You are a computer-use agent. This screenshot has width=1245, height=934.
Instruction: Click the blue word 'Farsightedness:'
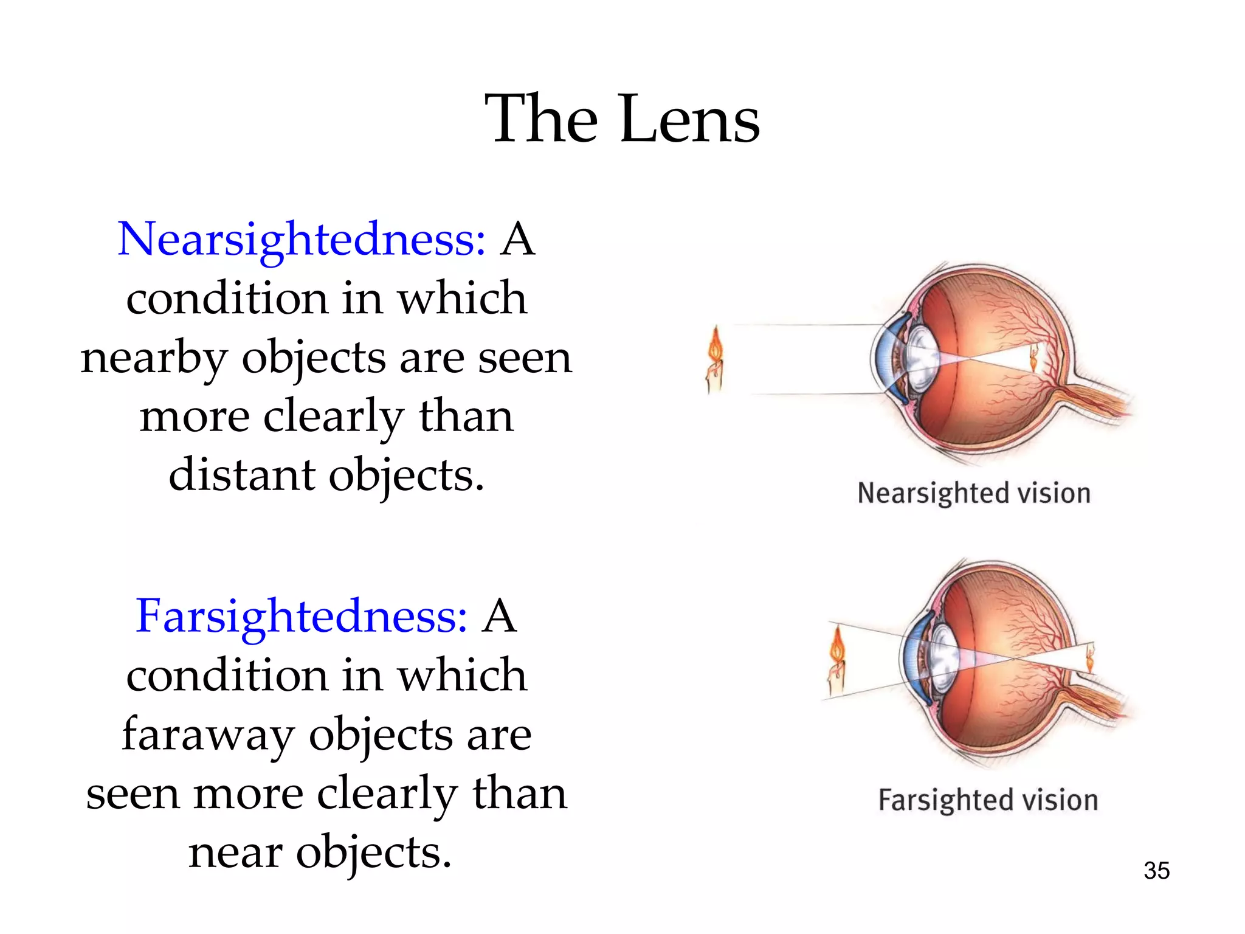coord(302,617)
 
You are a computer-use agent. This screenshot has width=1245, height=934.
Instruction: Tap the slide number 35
coord(1156,871)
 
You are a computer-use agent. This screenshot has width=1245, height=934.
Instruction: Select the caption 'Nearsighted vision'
coord(974,493)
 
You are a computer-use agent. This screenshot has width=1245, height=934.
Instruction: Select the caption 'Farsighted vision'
coord(988,800)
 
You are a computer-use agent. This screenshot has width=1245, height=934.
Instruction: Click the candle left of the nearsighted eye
coord(716,360)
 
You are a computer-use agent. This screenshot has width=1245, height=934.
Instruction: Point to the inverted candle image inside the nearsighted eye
coord(1034,358)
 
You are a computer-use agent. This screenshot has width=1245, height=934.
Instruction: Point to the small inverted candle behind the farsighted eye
coord(1090,658)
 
